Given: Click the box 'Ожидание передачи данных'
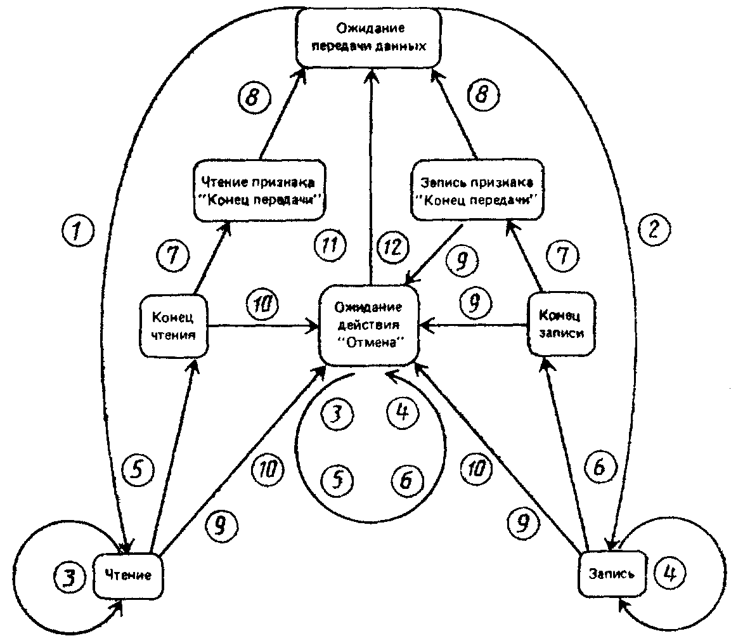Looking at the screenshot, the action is pyautogui.click(x=368, y=37).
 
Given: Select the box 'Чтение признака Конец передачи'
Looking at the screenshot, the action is pyautogui.click(x=260, y=190).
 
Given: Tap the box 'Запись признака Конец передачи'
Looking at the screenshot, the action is pyautogui.click(x=477, y=190).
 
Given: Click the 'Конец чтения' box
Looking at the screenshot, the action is pyautogui.click(x=174, y=325).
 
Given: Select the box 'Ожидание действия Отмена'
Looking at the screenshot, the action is pyautogui.click(x=368, y=325).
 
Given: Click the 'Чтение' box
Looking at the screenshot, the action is pyautogui.click(x=128, y=575).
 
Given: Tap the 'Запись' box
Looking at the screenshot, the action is pyautogui.click(x=612, y=573).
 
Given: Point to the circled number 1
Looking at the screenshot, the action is pyautogui.click(x=78, y=230).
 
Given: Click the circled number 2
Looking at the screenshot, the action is pyautogui.click(x=654, y=230).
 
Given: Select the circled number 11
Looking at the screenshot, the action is pyautogui.click(x=330, y=245).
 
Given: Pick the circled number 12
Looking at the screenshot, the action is pyautogui.click(x=392, y=247).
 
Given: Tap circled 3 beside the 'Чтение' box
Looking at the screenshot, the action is pyautogui.click(x=70, y=578).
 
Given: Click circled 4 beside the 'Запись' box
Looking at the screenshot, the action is pyautogui.click(x=670, y=573).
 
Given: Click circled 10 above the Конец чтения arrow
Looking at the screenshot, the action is pyautogui.click(x=262, y=306).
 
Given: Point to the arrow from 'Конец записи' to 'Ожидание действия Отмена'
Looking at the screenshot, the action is pyautogui.click(x=473, y=325).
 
